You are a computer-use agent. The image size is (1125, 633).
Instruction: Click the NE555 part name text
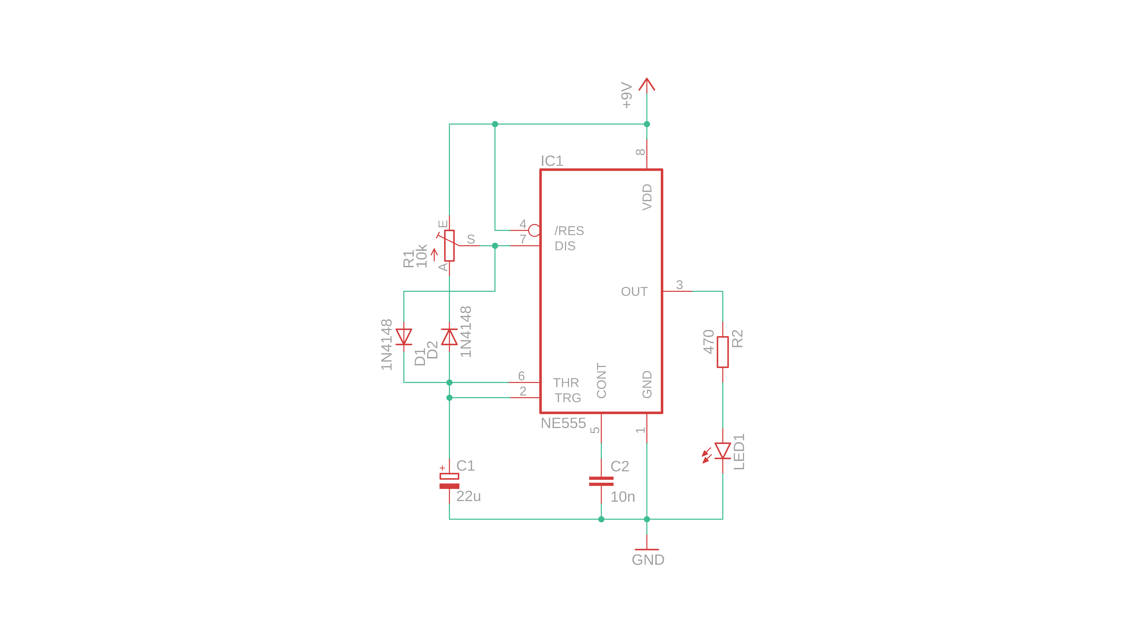click(563, 423)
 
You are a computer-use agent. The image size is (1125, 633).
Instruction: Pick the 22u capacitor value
click(468, 496)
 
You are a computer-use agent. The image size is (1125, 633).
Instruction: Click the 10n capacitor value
click(622, 497)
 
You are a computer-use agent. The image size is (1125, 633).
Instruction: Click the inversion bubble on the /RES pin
click(534, 230)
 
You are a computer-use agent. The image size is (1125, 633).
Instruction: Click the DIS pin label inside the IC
click(565, 246)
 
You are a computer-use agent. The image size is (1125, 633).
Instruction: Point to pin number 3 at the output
click(679, 285)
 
